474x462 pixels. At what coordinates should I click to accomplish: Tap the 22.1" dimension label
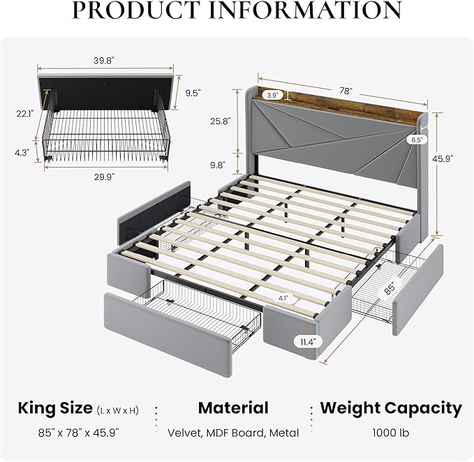coord(25,114)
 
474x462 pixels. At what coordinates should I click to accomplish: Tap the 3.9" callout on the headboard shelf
coord(272,94)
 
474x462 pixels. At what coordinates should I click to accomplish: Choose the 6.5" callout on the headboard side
coord(416,140)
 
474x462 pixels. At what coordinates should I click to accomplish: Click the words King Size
coord(55,408)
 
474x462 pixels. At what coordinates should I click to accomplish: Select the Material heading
coord(233,408)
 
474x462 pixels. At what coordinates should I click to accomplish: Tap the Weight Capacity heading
coord(391,408)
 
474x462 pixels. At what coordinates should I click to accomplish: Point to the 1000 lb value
coord(391,433)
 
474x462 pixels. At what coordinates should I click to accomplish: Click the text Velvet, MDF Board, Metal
coord(233,433)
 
